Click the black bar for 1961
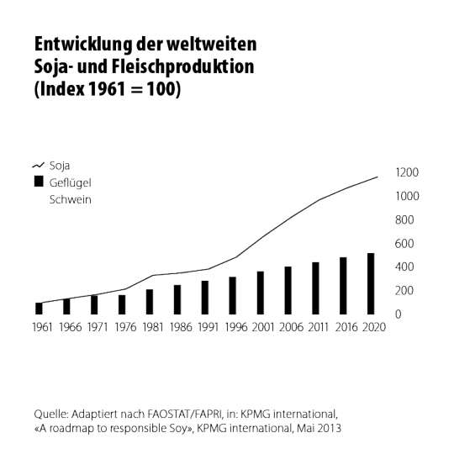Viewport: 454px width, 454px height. [39, 309]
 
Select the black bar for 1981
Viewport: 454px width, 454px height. [150, 302]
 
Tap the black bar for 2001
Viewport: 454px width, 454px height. [261, 293]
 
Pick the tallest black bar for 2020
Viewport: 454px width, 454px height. [371, 284]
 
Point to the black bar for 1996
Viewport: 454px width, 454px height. [233, 296]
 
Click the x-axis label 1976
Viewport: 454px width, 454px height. [125, 327]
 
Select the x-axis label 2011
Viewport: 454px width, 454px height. [318, 327]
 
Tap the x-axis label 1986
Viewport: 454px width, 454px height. [181, 327]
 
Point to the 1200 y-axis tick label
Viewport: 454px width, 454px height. [407, 172]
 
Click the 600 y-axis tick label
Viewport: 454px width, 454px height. [404, 244]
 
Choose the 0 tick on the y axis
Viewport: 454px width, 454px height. [399, 314]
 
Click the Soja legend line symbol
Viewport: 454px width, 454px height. [38, 166]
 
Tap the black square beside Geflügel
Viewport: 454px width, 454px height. [39, 182]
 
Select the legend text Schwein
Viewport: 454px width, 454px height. [71, 200]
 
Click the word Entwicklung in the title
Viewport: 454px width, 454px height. [83, 45]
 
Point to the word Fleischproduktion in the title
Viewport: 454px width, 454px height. [183, 67]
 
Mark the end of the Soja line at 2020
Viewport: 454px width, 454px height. [377, 177]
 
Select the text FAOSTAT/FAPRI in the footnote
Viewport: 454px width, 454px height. [185, 414]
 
